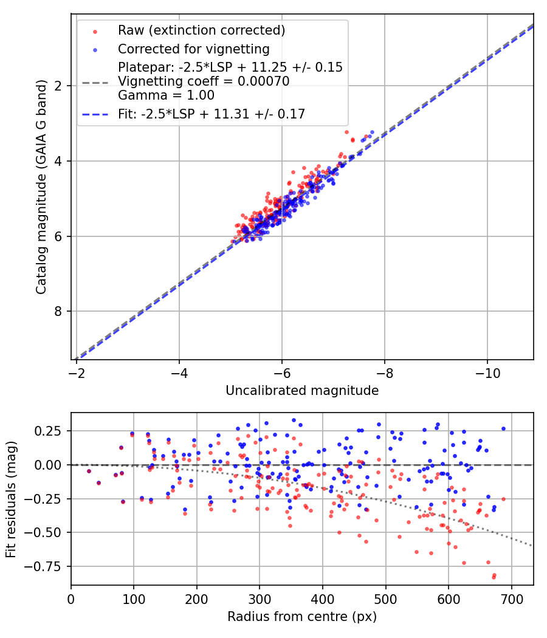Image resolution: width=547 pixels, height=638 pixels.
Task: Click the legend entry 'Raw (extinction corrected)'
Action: [201, 30]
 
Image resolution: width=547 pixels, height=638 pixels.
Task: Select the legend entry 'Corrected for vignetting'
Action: [194, 49]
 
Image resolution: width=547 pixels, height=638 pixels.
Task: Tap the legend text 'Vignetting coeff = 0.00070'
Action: [204, 81]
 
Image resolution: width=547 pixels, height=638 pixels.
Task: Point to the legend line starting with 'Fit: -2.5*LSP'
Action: [212, 113]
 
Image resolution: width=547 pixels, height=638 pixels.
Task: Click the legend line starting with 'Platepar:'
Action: [230, 67]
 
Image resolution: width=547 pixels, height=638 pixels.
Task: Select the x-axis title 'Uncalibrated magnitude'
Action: [302, 391]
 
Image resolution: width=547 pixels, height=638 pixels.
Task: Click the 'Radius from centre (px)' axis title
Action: [302, 617]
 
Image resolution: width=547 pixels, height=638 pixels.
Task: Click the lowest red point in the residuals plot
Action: [494, 577]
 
